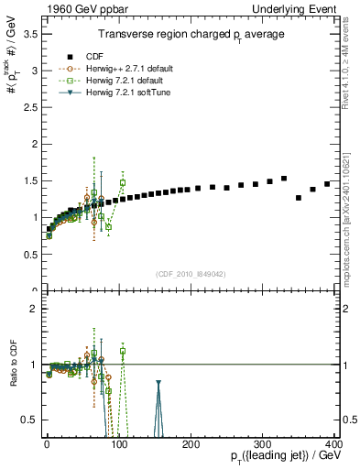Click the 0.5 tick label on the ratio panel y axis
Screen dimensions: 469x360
(29, 420)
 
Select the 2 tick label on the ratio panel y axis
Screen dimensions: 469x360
(34, 309)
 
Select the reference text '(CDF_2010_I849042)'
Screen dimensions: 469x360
(191, 274)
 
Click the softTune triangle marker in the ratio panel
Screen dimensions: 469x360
(158, 384)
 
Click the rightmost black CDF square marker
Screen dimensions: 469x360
(327, 184)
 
